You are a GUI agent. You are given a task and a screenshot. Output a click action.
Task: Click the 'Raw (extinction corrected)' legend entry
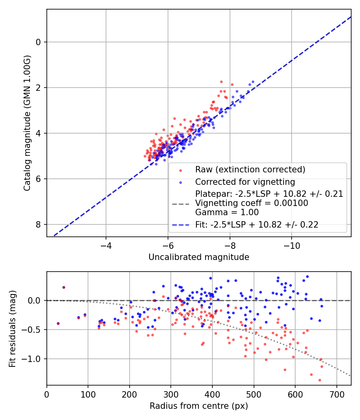250,170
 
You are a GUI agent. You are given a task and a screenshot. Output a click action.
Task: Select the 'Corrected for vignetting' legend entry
245,182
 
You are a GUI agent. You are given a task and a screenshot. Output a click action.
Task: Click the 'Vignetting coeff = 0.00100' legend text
251,203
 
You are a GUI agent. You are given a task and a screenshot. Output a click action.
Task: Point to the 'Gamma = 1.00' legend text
227,212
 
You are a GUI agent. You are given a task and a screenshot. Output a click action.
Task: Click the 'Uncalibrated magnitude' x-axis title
199,257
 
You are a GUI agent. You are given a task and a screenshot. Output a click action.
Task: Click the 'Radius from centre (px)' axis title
199,406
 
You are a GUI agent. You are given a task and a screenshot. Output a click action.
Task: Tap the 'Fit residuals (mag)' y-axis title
12,328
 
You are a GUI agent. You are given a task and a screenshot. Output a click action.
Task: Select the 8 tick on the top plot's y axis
39,224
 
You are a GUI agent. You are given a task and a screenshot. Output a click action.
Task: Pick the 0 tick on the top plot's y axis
39,42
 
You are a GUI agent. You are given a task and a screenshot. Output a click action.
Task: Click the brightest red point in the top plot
221,82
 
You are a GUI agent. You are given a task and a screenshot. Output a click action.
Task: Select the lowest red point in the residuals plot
320,380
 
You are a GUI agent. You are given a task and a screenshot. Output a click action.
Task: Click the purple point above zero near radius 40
64,287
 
